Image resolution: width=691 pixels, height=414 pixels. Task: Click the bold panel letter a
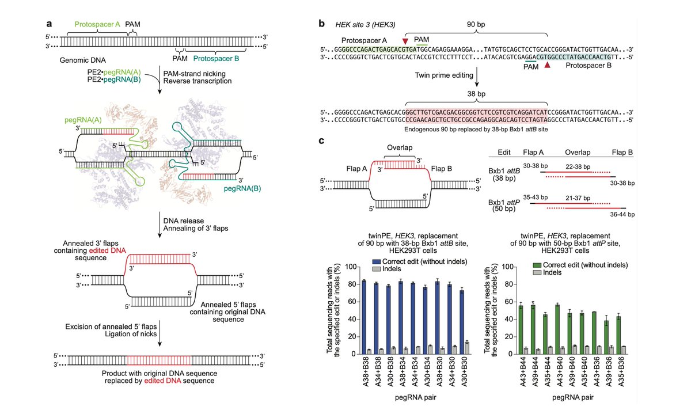pyautogui.click(x=50, y=24)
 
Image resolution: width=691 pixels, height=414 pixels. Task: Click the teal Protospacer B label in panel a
pyautogui.click(x=215, y=58)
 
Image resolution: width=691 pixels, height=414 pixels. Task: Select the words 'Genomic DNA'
pyautogui.click(x=79, y=60)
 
